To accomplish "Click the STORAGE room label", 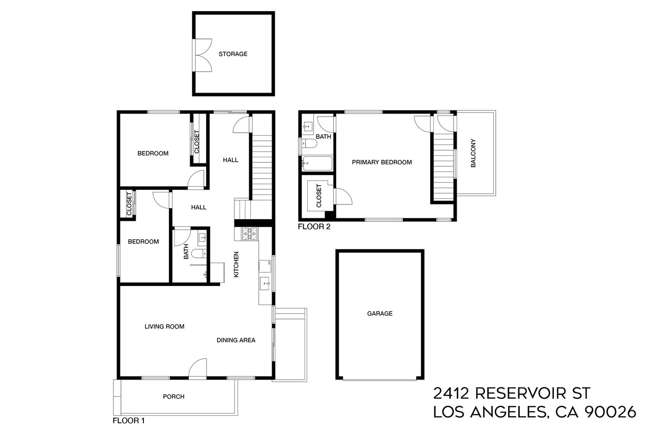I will pos(233,53).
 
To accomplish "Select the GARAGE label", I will pos(379,313).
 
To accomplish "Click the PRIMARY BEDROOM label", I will pos(381,162).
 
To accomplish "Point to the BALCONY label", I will pos(473,153).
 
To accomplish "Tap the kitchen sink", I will pos(265,283).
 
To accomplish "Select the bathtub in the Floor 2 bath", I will pos(317,163).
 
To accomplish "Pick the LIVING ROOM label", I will pos(164,327).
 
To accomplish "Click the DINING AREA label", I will pos(236,340).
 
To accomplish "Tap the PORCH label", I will pos(173,396).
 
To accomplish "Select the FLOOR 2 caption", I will pos(314,227).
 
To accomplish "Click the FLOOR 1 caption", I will pos(129,421).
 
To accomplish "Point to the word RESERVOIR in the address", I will pos(526,393).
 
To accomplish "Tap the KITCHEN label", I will pos(236,265).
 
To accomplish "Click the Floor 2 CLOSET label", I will pos(319,196).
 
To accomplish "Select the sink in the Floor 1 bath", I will pos(202,237).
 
